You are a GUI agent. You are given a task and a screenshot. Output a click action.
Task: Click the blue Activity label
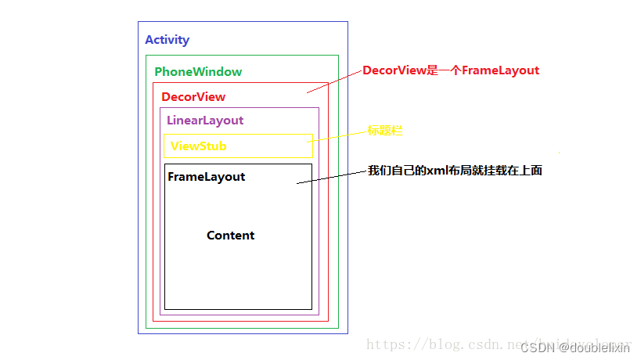click(167, 40)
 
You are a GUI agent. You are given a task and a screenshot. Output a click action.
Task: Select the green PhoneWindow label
click(198, 72)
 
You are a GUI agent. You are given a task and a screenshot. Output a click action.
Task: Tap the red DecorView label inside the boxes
click(193, 97)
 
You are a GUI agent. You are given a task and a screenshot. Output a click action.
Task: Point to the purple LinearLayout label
click(205, 121)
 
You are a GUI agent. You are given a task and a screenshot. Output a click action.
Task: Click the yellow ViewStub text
click(199, 146)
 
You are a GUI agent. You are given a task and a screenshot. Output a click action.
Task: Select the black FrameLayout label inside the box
click(207, 177)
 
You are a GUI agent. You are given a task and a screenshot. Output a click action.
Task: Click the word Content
click(230, 236)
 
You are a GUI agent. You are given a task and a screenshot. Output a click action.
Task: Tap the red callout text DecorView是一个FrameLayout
click(451, 70)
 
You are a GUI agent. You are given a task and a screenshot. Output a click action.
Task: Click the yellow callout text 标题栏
click(385, 131)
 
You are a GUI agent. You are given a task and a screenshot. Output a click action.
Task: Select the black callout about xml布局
click(455, 170)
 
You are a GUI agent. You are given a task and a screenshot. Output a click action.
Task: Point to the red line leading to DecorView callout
click(334, 81)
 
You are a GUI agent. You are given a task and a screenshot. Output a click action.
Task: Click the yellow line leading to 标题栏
click(338, 136)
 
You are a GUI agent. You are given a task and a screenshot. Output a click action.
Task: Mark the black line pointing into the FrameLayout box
click(332, 177)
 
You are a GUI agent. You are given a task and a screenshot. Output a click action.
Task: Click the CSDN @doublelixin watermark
click(575, 347)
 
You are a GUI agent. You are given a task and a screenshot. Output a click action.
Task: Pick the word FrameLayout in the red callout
click(500, 70)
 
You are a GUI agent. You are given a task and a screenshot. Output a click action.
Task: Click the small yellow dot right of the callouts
click(558, 151)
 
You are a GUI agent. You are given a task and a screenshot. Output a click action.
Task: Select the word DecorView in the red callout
click(394, 70)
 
